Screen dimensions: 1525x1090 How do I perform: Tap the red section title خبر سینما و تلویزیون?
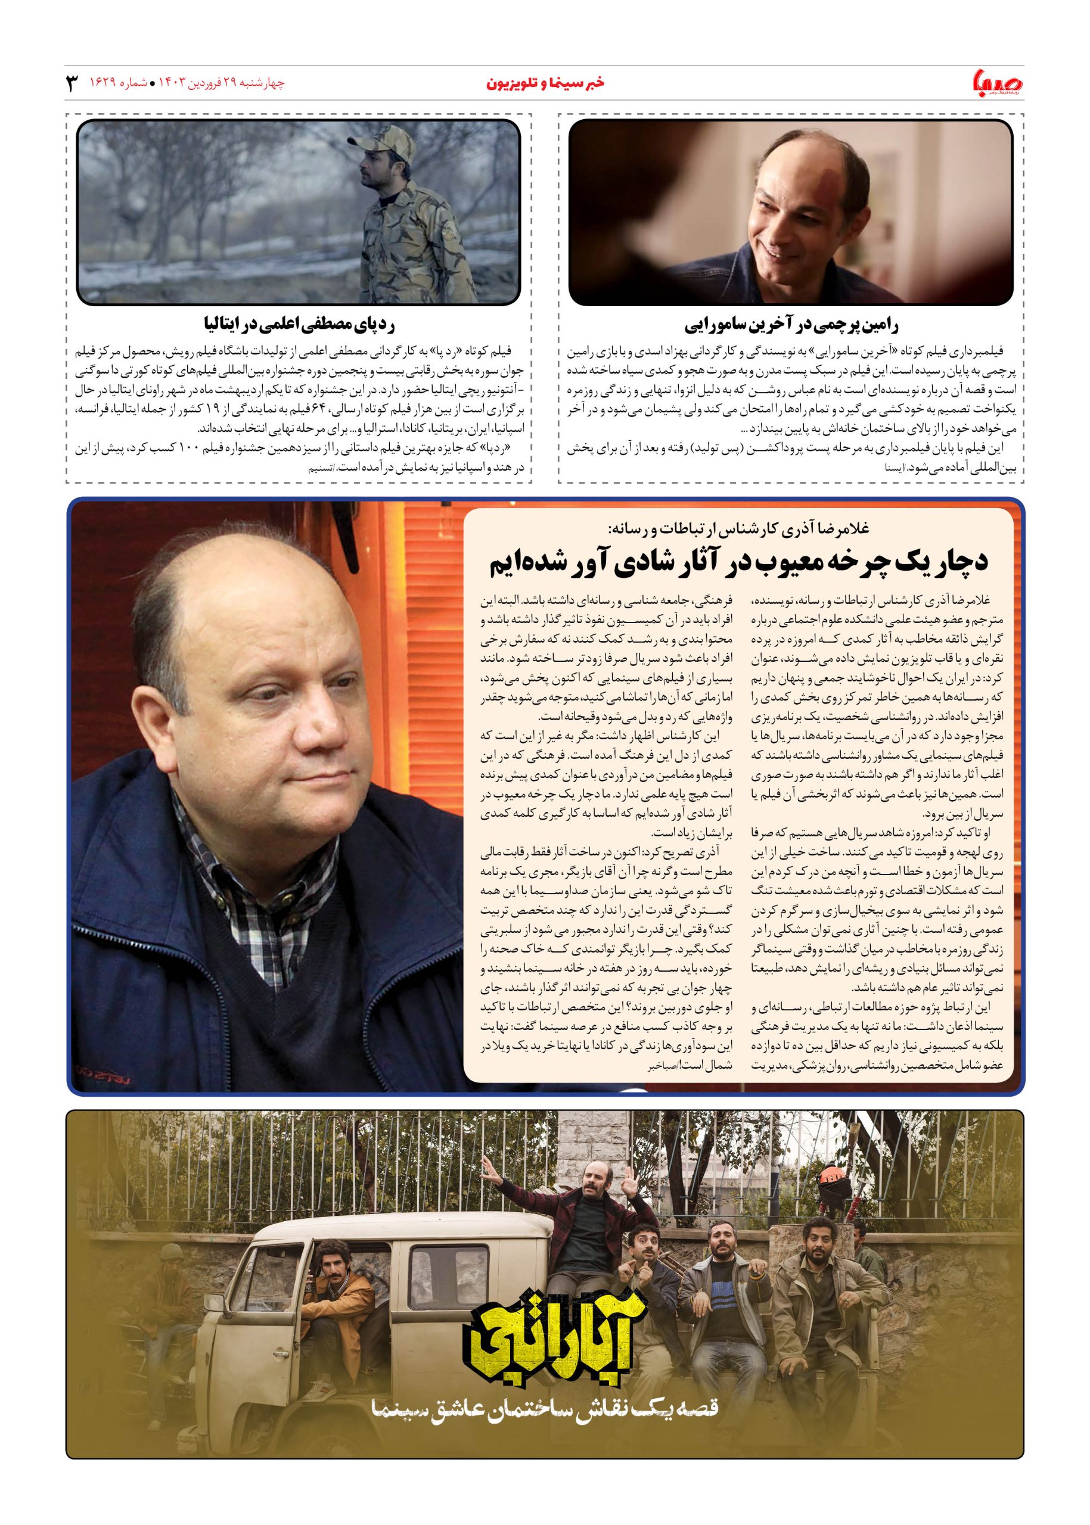click(x=544, y=84)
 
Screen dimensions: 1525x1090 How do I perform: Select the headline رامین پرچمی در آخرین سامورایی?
click(x=791, y=326)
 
